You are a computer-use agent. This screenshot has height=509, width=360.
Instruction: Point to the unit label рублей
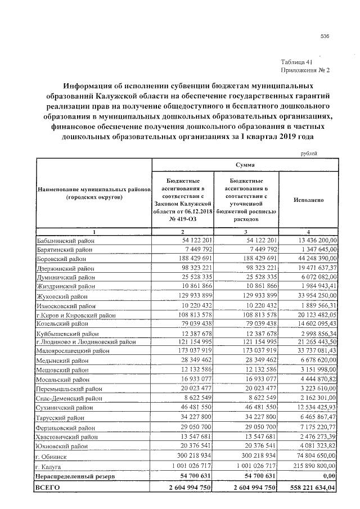click(309, 153)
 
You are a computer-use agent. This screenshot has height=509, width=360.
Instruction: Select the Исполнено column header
click(308, 200)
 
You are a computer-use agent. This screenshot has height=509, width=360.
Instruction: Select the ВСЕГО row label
click(47, 488)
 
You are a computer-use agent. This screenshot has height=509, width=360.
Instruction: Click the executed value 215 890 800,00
click(312, 466)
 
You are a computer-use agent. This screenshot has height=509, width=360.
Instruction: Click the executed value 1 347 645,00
click(315, 250)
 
